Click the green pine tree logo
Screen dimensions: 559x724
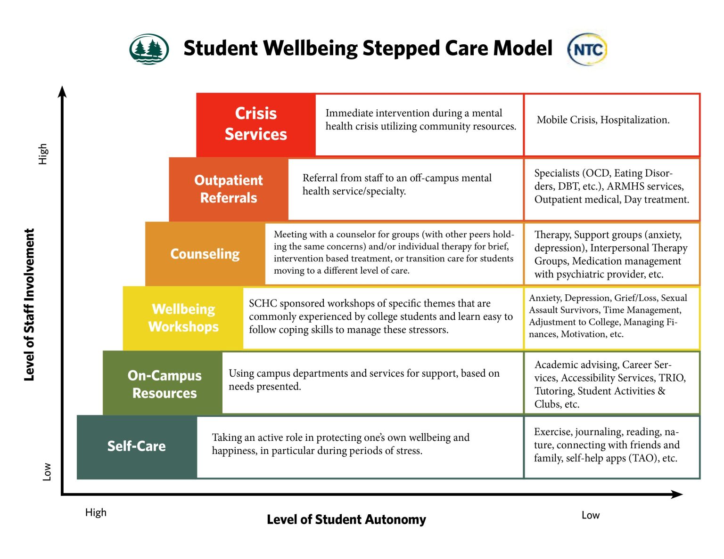click(x=149, y=49)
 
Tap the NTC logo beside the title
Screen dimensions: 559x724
click(x=587, y=49)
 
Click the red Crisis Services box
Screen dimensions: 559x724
click(x=256, y=124)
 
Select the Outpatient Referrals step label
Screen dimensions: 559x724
click(x=229, y=189)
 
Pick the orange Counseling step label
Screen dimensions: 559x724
click(x=205, y=254)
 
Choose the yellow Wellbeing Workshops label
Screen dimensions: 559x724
click(x=183, y=318)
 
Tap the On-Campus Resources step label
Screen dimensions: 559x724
click(x=165, y=384)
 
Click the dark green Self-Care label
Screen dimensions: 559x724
click(x=137, y=446)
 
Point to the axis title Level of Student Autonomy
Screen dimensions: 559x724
click(x=346, y=519)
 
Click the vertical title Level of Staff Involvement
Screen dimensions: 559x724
click(x=29, y=305)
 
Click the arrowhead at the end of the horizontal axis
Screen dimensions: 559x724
click(x=677, y=494)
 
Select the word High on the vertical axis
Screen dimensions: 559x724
click(x=43, y=154)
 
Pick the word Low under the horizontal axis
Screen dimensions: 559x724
click(x=591, y=515)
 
